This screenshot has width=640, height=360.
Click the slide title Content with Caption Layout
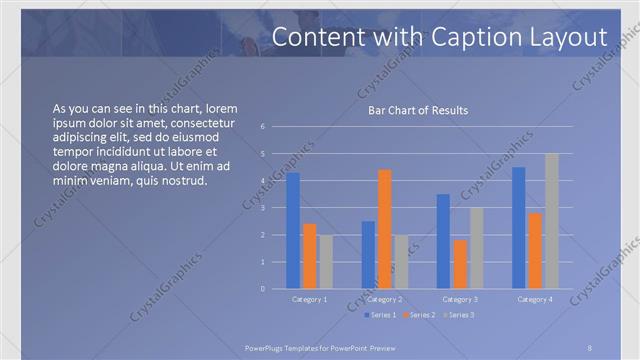[439, 37]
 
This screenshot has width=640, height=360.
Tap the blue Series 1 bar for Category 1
[293, 230]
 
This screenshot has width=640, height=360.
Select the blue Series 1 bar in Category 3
[443, 241]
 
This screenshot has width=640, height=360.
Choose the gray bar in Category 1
[326, 261]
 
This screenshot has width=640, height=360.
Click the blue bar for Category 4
[518, 227]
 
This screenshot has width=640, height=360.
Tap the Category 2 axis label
[385, 299]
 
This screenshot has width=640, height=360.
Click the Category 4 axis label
[535, 299]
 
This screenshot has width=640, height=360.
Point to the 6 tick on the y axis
[262, 127]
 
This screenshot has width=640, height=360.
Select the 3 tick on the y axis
[262, 208]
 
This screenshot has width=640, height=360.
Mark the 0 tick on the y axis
[262, 289]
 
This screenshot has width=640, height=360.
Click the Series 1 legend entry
[384, 315]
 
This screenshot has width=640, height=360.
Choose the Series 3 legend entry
[461, 315]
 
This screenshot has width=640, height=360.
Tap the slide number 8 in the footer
[590, 347]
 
